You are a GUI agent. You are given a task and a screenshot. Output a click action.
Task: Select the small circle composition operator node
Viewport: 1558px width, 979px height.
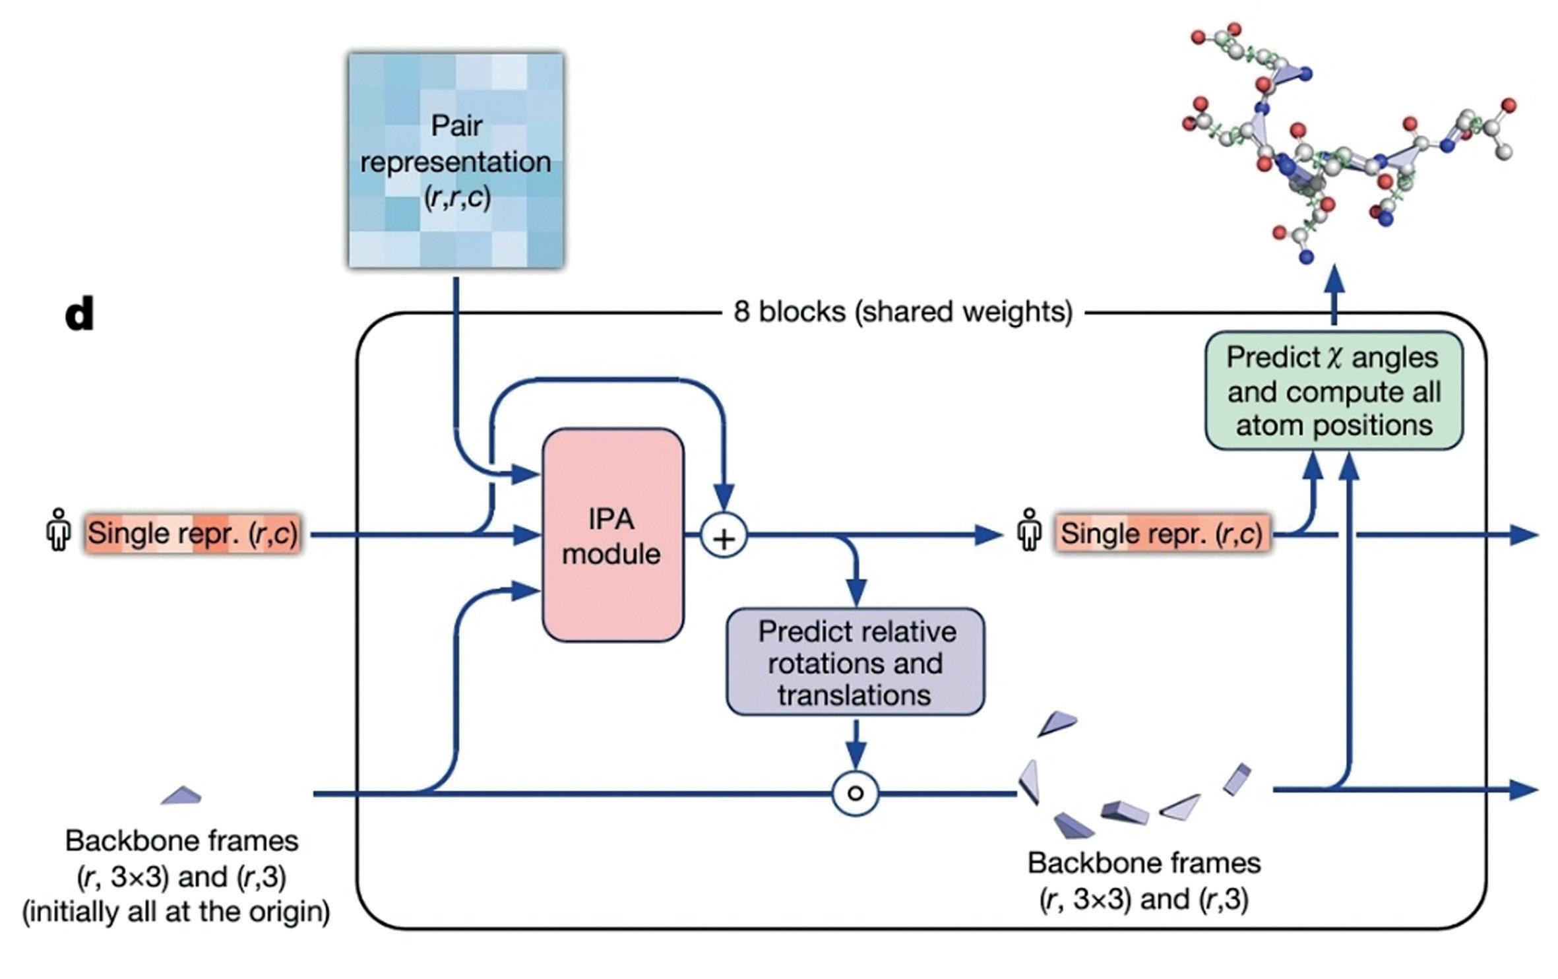coord(855,792)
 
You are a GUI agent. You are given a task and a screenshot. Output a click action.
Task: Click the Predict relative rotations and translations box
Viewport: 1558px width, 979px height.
coord(856,662)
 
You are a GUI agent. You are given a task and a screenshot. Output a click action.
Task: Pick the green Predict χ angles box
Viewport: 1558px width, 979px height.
coord(1334,391)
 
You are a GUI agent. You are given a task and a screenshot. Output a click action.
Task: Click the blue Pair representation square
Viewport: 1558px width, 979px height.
coord(456,161)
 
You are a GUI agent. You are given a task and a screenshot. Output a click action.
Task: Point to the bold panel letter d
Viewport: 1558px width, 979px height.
coord(79,314)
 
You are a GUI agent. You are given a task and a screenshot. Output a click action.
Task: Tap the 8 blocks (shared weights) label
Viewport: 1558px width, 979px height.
coord(903,311)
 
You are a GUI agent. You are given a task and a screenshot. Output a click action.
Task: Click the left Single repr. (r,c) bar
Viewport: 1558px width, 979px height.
coord(193,533)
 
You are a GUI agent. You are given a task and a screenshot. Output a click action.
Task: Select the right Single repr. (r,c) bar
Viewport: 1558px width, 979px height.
coord(1161,533)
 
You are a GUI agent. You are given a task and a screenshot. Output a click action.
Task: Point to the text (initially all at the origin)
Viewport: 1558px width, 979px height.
coord(176,912)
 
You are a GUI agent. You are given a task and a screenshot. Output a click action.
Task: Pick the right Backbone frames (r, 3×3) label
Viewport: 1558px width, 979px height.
coord(1144,881)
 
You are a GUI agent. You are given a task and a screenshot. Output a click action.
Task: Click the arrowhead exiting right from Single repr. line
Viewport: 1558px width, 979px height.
coord(1524,534)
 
